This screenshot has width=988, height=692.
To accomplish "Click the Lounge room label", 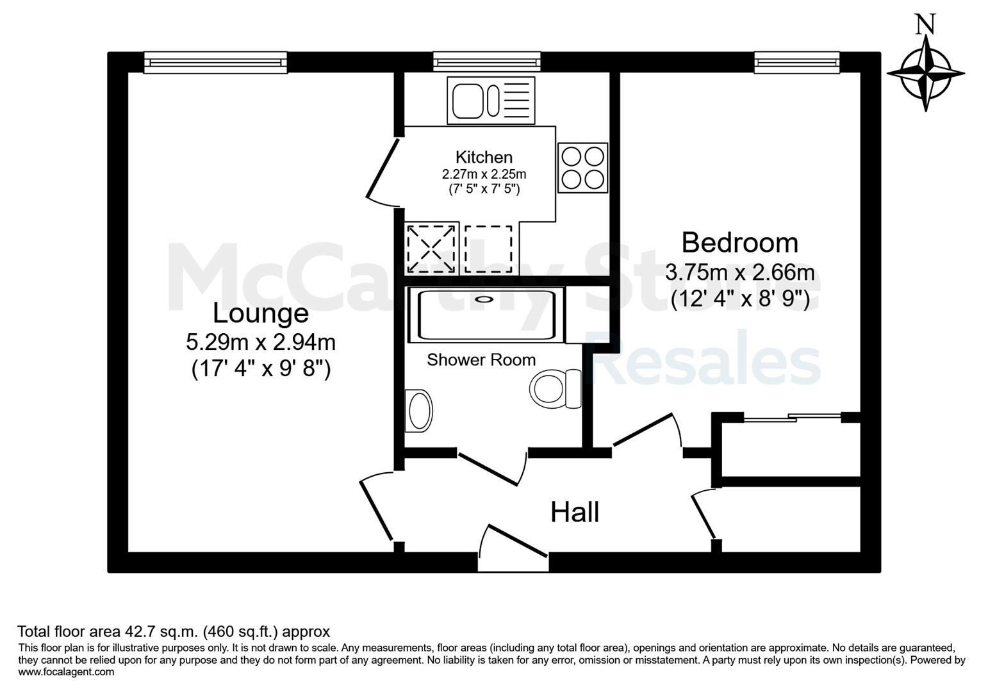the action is coord(261,313).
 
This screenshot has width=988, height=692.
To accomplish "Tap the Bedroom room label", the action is coord(739,243).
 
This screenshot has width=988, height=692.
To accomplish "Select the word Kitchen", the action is coord(484,157).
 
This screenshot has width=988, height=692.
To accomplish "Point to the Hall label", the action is coord(575,513).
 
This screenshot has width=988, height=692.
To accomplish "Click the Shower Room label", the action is coord(481,360).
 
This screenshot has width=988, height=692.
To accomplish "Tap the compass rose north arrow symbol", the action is coord(925,73).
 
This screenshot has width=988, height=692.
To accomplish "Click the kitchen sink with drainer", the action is coord(491,101).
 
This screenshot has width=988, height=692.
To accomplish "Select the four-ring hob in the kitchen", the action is coord(582,168).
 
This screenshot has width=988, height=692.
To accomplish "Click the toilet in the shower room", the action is coord(556,388).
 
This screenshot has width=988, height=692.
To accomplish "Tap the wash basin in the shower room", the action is coord(418,411).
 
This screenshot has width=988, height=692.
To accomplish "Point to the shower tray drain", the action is coord(484,299).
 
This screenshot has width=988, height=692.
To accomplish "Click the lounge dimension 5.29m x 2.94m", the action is coord(261,342).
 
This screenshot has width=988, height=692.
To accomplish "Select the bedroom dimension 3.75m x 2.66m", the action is coord(739,272).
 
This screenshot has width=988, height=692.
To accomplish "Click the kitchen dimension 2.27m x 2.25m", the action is coord(484,174).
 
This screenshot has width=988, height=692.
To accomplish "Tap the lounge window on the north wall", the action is coord(216,63).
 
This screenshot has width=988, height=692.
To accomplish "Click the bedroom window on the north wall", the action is coord(797,63).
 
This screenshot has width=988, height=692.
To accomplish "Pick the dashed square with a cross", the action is coord(431,249).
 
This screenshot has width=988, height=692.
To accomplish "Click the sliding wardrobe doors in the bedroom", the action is coord(793,417).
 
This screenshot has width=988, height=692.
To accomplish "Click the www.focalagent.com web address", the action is coord(66,672).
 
